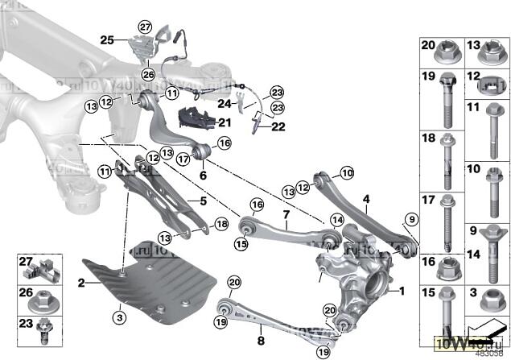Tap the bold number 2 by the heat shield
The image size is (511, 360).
click(81, 283)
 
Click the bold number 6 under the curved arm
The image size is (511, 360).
click(203, 174)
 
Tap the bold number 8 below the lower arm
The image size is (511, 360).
click(259, 329)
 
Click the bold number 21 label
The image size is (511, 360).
click(223, 122)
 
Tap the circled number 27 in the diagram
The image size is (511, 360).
click(145, 27)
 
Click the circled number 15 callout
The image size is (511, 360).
click(241, 242)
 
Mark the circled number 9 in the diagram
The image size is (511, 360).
click(411, 219)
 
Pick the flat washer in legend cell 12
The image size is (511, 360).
click(490, 84)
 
